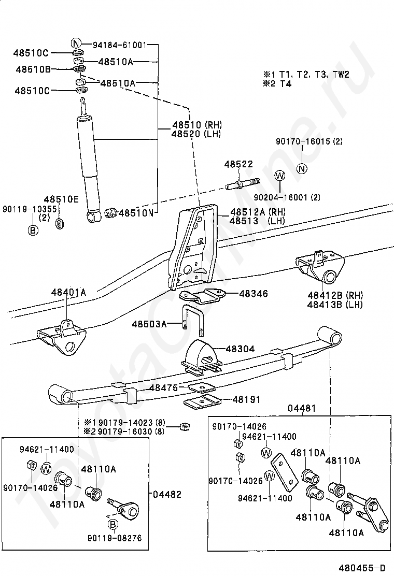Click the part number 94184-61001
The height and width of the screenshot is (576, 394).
tap(120, 44)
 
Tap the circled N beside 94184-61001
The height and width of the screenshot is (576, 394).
tap(76, 44)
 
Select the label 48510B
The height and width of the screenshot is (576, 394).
tap(33, 69)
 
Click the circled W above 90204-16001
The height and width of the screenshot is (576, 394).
tap(280, 176)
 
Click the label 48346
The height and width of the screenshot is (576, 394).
tap(254, 294)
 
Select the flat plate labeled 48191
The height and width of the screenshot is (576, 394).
tap(202, 401)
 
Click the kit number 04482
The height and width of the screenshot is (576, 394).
tap(167, 494)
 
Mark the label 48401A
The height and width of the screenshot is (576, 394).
tap(68, 293)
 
